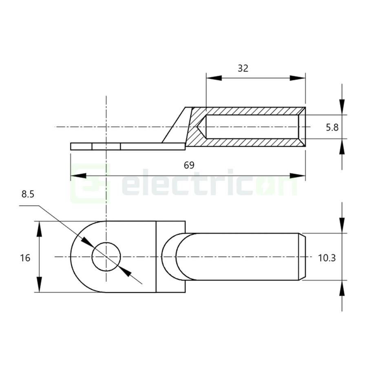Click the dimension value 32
click(x=243, y=68)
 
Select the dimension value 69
click(x=189, y=165)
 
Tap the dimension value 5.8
click(x=332, y=128)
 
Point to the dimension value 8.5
click(x=28, y=195)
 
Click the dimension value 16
click(x=25, y=258)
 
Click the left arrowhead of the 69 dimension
click(x=78, y=176)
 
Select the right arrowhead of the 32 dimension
click(x=298, y=78)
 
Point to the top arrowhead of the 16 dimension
click(x=39, y=230)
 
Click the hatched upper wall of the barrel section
click(x=249, y=111)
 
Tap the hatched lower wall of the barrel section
click(x=249, y=143)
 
